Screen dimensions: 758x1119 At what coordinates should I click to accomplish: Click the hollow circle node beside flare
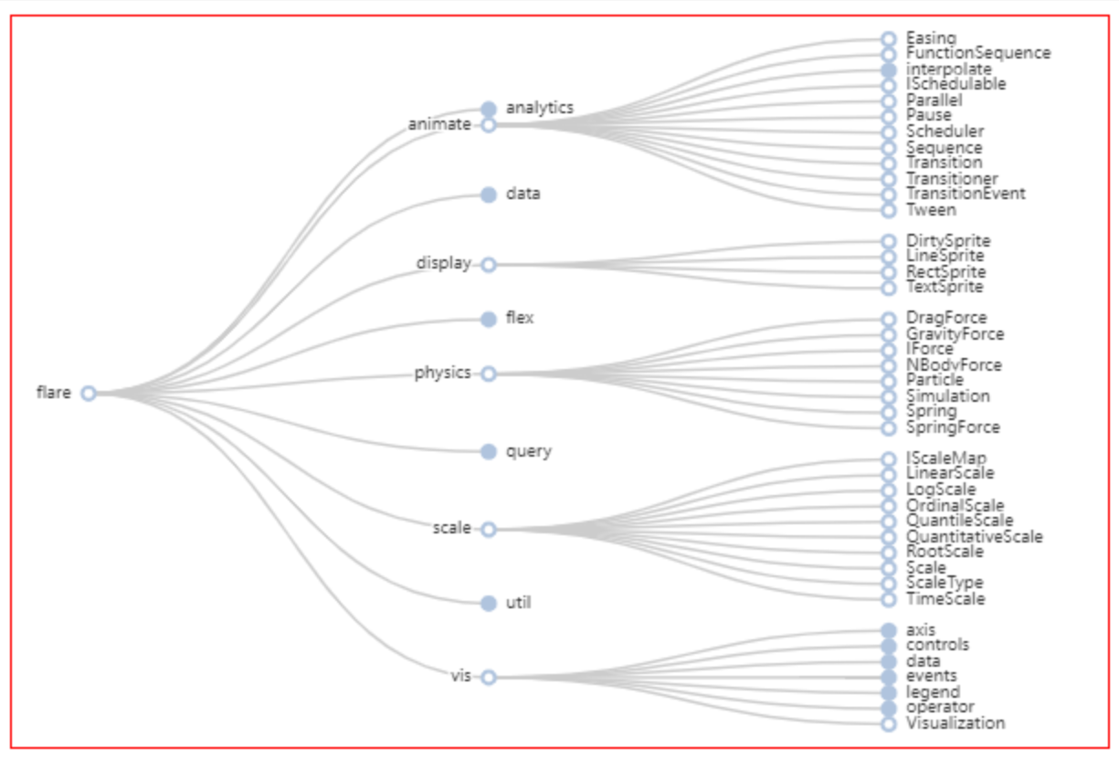[x=89, y=394]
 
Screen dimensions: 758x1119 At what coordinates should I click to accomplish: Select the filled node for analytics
[x=489, y=108]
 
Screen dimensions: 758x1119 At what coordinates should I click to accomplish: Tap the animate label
[x=439, y=124]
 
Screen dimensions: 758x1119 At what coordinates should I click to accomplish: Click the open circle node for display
[x=489, y=264]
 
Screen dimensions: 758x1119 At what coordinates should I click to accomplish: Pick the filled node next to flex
[x=489, y=319]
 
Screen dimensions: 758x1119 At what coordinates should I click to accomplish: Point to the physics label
[x=442, y=373]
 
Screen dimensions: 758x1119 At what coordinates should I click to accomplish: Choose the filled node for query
[x=489, y=451]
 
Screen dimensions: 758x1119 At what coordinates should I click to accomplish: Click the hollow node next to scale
[x=489, y=529]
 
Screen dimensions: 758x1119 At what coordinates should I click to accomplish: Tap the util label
[x=518, y=603]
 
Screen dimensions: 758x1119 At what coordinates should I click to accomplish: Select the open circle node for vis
[x=489, y=677]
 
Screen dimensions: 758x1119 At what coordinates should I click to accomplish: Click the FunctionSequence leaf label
[x=978, y=53]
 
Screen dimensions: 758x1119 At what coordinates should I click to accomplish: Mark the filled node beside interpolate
[x=889, y=69]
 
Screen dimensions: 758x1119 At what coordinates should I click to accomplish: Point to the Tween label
[x=931, y=210]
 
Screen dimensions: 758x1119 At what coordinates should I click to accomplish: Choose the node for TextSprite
[x=889, y=288]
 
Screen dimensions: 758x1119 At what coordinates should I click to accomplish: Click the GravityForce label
[x=955, y=334]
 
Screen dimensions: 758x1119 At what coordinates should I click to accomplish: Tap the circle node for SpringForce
[x=889, y=427]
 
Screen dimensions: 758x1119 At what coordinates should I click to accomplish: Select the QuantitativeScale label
[x=974, y=536]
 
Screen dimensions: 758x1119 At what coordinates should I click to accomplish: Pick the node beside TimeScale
[x=889, y=599]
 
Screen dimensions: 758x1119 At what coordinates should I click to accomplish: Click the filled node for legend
[x=889, y=692]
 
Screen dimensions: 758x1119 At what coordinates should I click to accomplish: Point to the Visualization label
[x=955, y=723]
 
